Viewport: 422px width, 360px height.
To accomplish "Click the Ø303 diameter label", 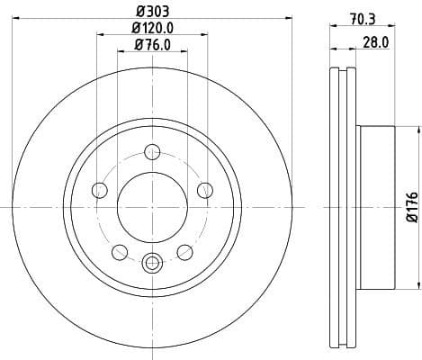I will click(x=152, y=11).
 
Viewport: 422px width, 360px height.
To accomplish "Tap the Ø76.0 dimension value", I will click(x=152, y=45).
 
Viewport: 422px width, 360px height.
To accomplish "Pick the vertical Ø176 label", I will click(x=411, y=207).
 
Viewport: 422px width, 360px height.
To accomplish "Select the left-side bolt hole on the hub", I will click(x=99, y=189).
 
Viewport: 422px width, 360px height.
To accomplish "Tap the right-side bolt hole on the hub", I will click(x=205, y=189).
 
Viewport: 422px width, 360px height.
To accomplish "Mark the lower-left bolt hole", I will click(x=120, y=251).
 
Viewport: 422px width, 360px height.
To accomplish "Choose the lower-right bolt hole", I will click(x=184, y=251).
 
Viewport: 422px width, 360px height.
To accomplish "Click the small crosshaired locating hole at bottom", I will click(x=152, y=263).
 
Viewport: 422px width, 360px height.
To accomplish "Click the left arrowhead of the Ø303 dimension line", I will click(x=22, y=19).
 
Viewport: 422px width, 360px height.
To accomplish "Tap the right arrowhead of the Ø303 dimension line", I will click(x=283, y=19).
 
